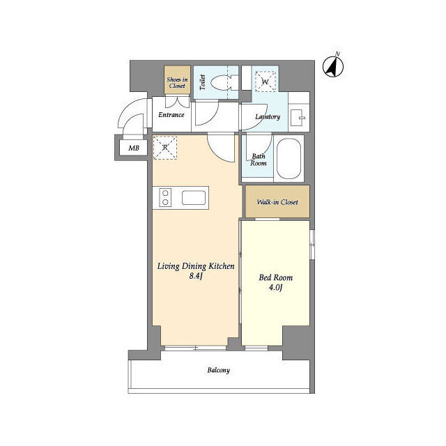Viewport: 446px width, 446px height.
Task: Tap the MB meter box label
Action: [134, 148]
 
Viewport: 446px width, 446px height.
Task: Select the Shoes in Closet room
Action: [177, 79]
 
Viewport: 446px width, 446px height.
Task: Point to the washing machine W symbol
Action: [266, 82]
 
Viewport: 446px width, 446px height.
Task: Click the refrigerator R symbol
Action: [165, 148]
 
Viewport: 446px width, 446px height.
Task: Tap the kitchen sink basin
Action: [194, 198]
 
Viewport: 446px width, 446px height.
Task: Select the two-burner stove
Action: [165, 198]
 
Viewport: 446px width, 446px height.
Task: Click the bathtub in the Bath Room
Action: [289, 159]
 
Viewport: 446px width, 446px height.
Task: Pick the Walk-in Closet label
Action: [277, 202]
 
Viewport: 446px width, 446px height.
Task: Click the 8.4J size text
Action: [196, 276]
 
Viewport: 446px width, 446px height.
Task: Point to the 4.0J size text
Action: [275, 288]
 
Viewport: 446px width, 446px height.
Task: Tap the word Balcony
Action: [218, 370]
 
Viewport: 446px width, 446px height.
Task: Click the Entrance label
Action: [171, 114]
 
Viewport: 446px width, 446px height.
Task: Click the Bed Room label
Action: [276, 277]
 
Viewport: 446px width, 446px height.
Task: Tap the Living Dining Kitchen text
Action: [196, 266]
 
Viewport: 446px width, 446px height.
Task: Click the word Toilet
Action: [202, 82]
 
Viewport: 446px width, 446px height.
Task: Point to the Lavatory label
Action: [268, 116]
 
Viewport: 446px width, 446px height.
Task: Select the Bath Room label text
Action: [259, 160]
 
